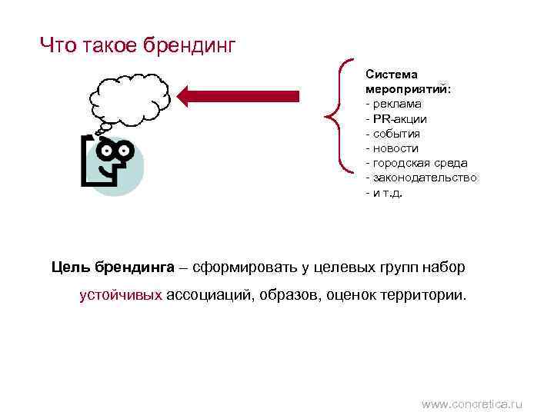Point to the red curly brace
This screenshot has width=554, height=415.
(339, 113)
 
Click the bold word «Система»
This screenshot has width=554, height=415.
(392, 75)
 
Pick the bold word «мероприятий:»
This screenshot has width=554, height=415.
(408, 89)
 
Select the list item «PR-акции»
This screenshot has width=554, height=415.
(399, 119)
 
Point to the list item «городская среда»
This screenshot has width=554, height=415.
(419, 163)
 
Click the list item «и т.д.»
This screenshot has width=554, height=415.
(386, 192)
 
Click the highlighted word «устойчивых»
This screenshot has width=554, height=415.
(121, 295)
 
